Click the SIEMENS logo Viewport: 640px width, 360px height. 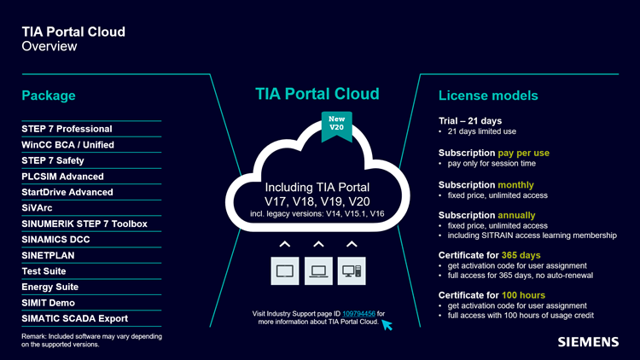588,342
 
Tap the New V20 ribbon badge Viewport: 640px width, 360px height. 337,126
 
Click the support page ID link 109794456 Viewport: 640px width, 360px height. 358,313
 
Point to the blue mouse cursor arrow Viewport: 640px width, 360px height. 387,325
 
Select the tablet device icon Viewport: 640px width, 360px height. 285,271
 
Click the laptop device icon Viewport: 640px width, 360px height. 318,271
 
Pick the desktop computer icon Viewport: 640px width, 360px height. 352,271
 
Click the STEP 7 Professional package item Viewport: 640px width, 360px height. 67,129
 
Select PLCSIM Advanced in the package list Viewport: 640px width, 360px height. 62,177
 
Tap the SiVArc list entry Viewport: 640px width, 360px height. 37,208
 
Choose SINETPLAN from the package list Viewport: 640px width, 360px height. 48,256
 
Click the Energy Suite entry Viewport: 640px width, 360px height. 49,287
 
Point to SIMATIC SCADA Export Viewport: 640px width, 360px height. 75,318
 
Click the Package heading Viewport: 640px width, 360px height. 49,96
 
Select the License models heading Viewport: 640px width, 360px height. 488,96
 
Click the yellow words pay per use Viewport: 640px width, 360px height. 524,153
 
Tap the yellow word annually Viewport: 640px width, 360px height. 516,215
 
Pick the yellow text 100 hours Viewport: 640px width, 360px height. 523,295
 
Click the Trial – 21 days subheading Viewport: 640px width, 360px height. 470,121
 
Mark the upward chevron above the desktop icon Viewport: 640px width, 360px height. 352,245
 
